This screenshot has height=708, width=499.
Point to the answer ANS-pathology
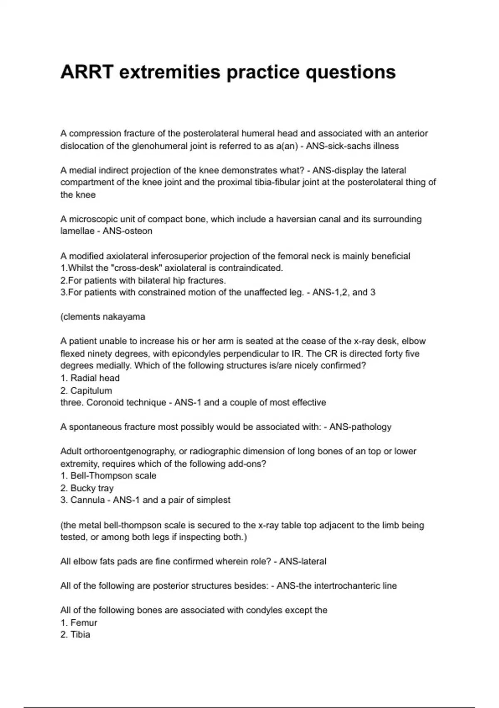tap(360, 427)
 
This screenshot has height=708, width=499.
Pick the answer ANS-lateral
tap(303, 561)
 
